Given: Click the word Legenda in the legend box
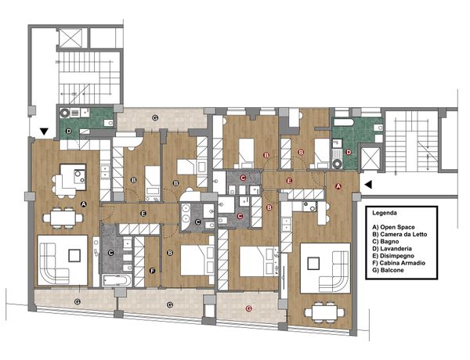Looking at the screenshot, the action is pos(385,213).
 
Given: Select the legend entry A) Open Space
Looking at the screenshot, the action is pos(393,227).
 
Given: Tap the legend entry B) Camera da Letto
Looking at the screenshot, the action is pos(399,234).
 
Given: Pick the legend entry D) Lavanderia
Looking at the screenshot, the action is pos(392,249).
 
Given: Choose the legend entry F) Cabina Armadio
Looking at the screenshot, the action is pos(399,263).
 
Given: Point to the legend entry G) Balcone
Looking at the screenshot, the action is pos(388,270).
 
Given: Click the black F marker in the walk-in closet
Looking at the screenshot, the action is pos(152,271).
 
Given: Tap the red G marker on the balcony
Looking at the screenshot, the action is pos(248,308).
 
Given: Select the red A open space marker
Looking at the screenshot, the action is pos(338,186).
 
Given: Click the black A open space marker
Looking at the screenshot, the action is pos(84,204).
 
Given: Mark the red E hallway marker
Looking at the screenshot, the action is pos(289,181).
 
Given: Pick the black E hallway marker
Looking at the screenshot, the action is pos(143,213).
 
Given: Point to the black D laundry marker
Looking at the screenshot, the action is pos(69,131).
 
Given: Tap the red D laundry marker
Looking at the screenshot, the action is pos(349,152).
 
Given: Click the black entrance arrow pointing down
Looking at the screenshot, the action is pos(44,131).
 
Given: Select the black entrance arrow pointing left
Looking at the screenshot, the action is pos(368,185).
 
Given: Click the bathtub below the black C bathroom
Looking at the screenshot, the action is pos(117,281).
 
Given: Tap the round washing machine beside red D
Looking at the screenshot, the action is pos(338,164).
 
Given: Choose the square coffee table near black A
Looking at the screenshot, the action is pos(74,255).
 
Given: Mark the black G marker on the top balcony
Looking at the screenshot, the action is pos(154,117).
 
